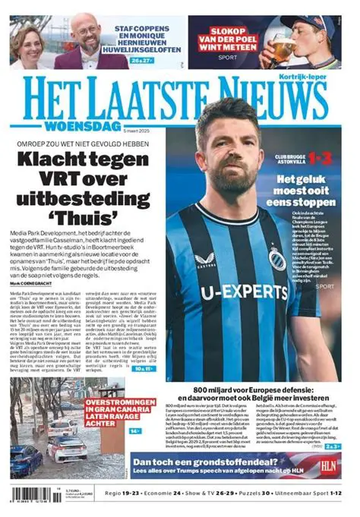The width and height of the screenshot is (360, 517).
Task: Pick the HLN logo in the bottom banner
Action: coord(328,465)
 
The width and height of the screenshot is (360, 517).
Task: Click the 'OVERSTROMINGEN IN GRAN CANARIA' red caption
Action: coord(112,410)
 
